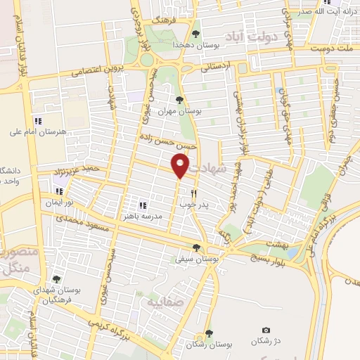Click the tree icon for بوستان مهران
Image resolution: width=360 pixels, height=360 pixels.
click(179, 100)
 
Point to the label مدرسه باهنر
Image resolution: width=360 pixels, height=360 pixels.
click(143, 217)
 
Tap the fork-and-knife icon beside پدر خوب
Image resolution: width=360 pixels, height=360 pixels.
click(193, 193)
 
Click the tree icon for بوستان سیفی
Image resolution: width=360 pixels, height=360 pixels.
click(196, 247)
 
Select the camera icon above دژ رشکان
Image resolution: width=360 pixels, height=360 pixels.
click(266, 330)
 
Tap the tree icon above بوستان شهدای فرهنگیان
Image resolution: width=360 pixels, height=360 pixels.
click(56, 279)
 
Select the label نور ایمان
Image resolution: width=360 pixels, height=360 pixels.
click(60, 202)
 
